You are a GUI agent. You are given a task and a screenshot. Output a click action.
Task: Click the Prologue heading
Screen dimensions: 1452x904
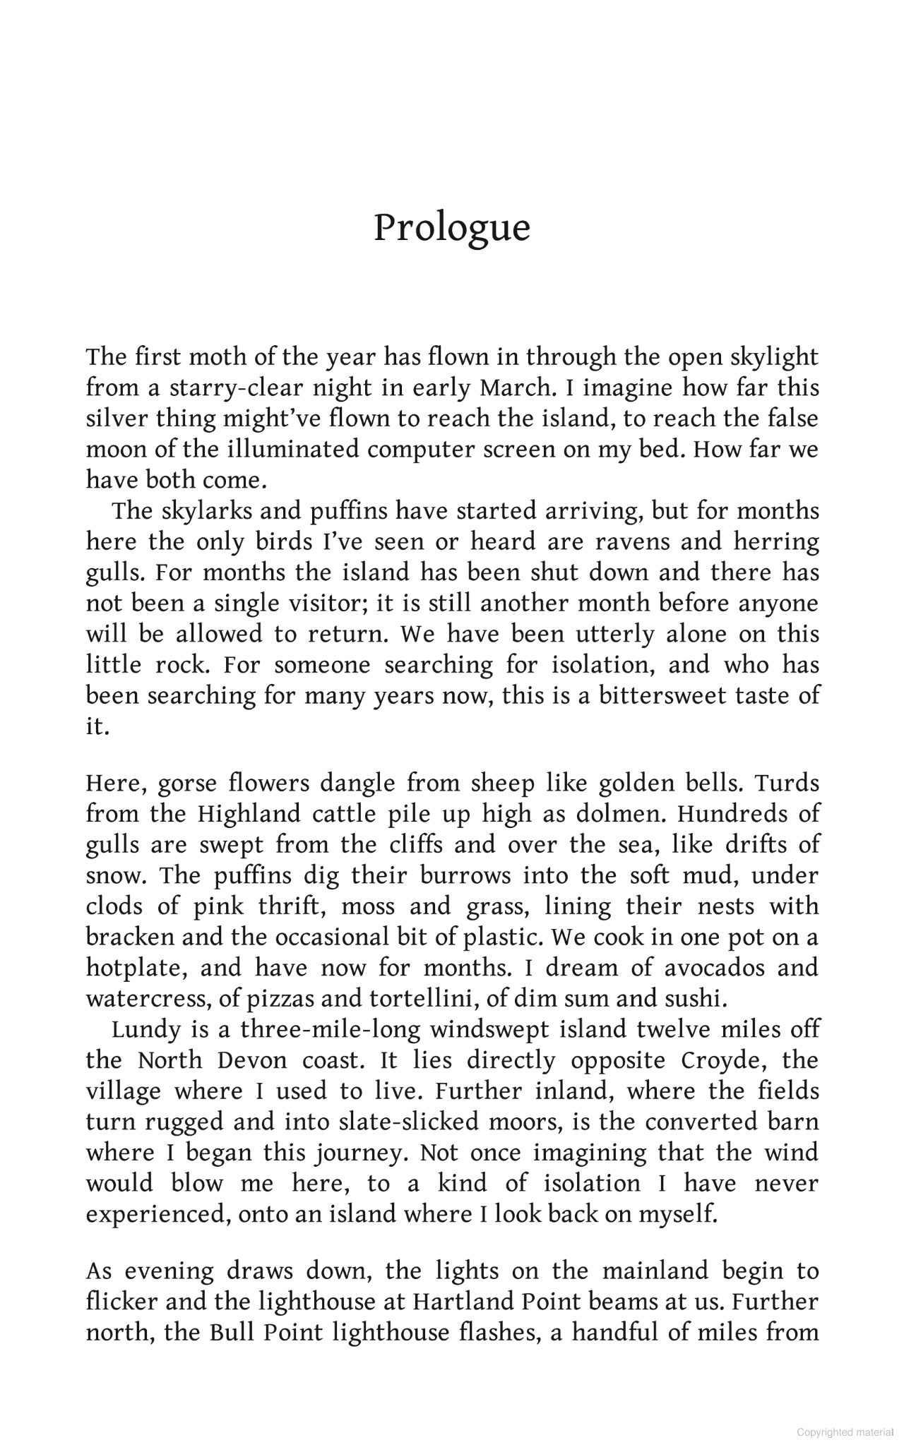pos(451,228)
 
